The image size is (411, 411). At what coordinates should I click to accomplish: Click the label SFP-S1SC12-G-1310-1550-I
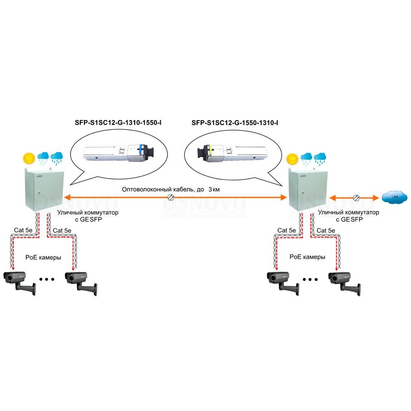click(118, 123)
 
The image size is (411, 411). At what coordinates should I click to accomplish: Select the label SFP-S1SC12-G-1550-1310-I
click(235, 123)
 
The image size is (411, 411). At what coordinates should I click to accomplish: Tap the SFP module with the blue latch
click(119, 153)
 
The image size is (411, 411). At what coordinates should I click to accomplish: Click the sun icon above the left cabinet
click(29, 158)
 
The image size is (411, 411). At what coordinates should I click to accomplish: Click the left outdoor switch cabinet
click(44, 191)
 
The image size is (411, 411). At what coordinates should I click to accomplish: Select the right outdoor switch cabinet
click(308, 191)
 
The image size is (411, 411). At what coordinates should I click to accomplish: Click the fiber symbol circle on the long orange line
click(171, 198)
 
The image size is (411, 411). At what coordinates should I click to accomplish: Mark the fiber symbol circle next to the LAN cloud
click(356, 198)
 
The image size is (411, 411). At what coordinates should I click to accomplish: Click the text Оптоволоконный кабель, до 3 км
click(171, 189)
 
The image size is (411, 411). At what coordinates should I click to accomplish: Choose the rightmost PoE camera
click(345, 284)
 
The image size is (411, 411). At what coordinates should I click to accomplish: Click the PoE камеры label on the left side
click(43, 258)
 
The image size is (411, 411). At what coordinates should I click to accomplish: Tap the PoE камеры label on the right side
click(307, 257)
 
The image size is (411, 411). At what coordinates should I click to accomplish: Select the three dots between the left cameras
click(47, 279)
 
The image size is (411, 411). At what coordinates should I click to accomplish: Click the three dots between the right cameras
click(310, 279)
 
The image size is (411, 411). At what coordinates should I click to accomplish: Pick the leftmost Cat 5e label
click(23, 230)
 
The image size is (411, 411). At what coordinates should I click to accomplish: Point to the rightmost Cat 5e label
click(326, 230)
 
